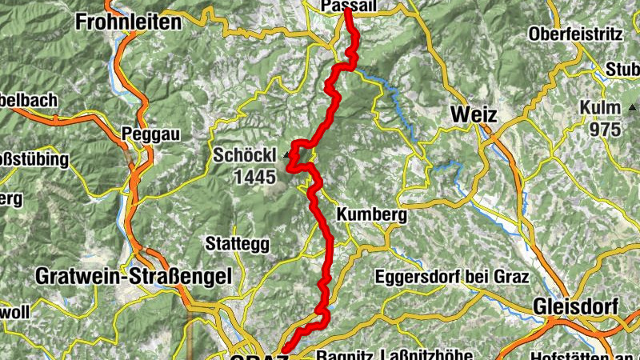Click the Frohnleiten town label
(128, 23)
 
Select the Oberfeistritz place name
(575, 35)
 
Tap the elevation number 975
(605, 129)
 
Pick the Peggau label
(144, 134)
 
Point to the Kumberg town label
(372, 215)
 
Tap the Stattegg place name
(237, 242)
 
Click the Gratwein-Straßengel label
(134, 276)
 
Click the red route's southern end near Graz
(285, 350)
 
